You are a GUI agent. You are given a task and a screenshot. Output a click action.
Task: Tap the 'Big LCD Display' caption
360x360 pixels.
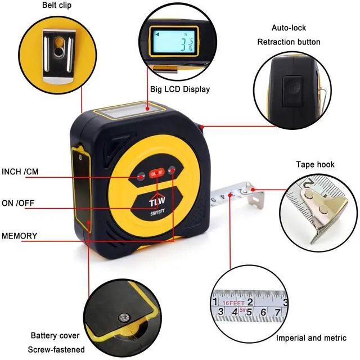[179, 89]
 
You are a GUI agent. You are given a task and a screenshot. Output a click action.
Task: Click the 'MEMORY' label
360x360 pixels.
[20, 235]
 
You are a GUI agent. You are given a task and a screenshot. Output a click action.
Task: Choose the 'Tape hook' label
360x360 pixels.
[315, 164]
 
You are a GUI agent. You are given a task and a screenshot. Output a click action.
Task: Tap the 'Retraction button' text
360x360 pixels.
[289, 42]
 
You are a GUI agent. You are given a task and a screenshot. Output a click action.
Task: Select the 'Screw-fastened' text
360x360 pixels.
[57, 349]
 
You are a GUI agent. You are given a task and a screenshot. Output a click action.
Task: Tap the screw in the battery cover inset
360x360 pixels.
[121, 318]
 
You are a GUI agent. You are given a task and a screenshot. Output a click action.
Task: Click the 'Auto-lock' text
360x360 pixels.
[289, 27]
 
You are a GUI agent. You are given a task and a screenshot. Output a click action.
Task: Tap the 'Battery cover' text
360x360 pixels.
[55, 336]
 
